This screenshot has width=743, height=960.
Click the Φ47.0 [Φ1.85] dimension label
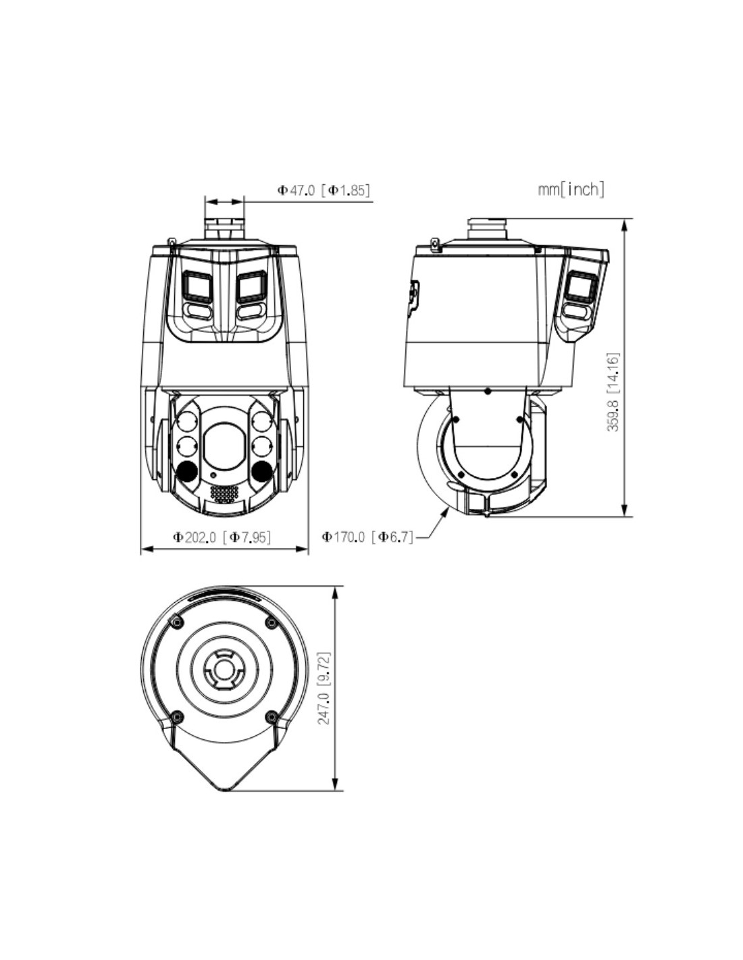323,190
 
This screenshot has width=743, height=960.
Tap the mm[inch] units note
571,190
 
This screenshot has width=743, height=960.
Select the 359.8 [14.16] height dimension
613,392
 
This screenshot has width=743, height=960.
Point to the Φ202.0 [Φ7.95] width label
222,537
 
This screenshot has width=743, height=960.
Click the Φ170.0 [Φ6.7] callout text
367,537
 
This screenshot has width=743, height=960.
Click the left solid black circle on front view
186,471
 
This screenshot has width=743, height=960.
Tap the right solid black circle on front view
261,471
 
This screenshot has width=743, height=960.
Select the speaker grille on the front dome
224,494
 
